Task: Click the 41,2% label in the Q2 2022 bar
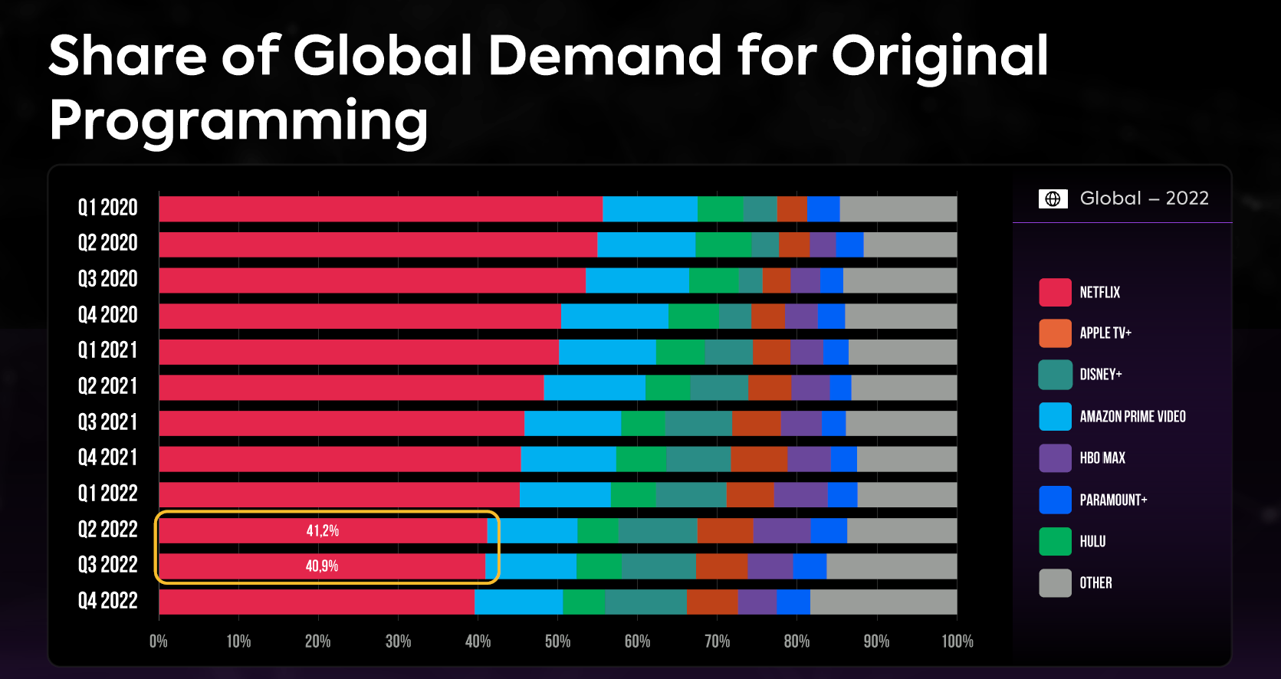(x=322, y=530)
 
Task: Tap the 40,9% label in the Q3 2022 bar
(x=322, y=566)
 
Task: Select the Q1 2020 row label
(x=108, y=208)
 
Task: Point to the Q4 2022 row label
(x=108, y=601)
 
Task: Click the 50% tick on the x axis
(x=557, y=641)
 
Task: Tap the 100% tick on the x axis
(x=957, y=641)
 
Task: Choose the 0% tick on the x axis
(x=159, y=641)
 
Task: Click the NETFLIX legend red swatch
(x=1055, y=293)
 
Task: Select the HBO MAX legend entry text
(x=1102, y=458)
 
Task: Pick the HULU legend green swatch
(x=1055, y=541)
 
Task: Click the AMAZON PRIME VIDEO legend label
(x=1132, y=417)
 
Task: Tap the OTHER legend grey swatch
(x=1055, y=583)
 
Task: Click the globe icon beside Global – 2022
(x=1053, y=199)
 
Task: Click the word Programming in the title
(x=238, y=121)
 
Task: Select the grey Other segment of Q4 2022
(x=883, y=602)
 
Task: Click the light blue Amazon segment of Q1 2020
(x=649, y=208)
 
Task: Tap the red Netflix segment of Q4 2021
(x=339, y=459)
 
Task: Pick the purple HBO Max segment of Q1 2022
(x=800, y=495)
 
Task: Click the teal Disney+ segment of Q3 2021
(x=698, y=423)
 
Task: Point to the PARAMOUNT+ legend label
(x=1113, y=500)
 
